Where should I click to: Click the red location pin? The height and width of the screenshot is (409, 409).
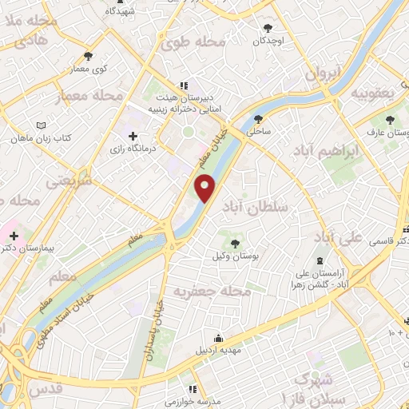coord(205,189)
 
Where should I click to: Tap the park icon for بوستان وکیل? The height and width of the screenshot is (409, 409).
coord(235,243)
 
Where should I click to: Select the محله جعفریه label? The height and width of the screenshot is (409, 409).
coord(207,292)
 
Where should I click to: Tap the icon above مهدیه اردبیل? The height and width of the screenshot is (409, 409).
coord(218,337)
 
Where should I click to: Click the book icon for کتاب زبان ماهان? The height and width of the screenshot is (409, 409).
coord(42,125)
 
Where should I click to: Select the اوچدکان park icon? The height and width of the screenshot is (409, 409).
coord(268,28)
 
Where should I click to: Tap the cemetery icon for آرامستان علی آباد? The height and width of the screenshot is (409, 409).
coord(320,262)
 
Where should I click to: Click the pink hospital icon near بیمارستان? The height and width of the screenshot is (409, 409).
coord(14,236)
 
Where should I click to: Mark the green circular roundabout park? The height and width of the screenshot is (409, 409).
coord(188,133)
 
